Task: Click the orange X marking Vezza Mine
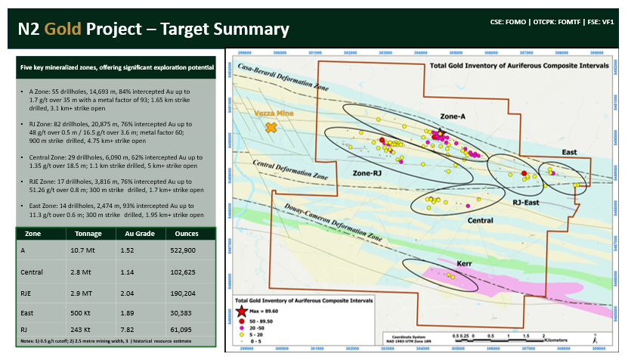[x=271, y=129]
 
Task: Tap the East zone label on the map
[x=569, y=152]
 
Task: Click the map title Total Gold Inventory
[x=519, y=67]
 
